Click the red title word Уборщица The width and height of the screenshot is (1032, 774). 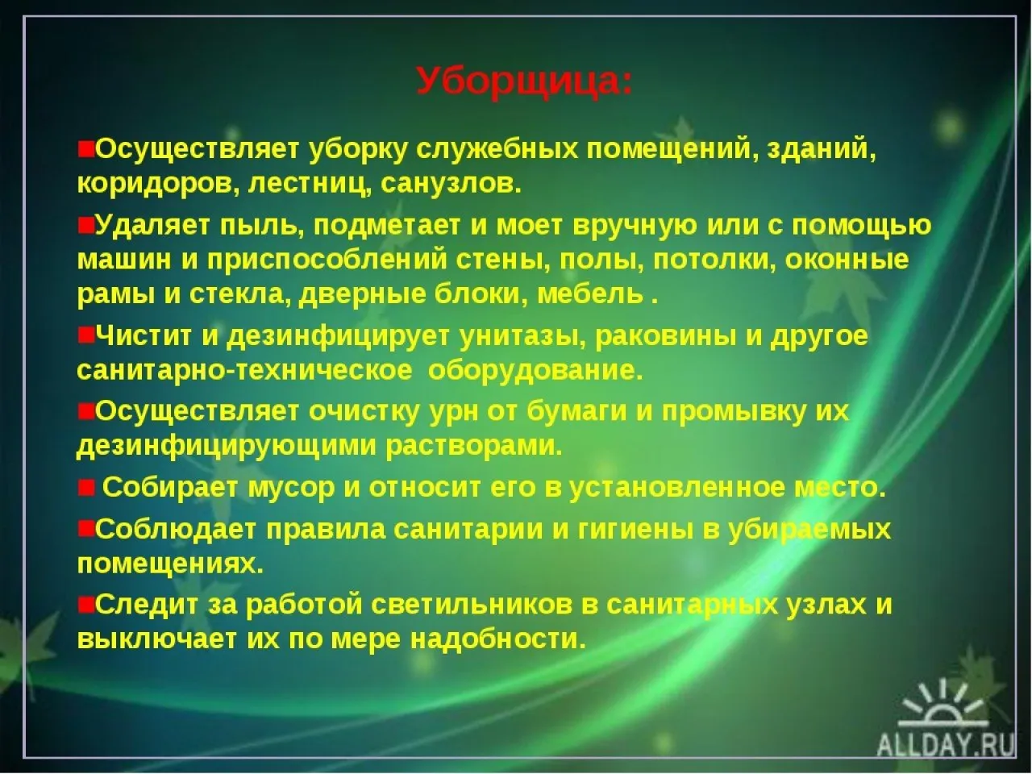click(524, 81)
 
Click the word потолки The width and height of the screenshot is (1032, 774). click(718, 260)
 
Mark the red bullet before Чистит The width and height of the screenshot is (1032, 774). click(85, 335)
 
